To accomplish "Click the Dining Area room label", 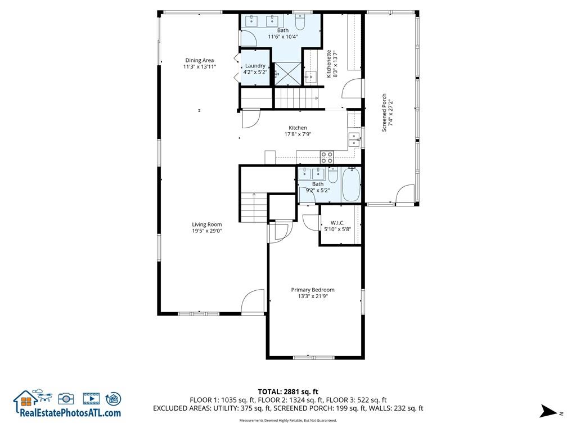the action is (200, 60).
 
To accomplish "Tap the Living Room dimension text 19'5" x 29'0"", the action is (207, 231).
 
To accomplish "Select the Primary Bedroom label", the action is (313, 290).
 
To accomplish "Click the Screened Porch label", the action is (384, 112).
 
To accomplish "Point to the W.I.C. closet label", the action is (337, 223).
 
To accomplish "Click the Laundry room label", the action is (255, 66).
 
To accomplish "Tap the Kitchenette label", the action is (328, 64).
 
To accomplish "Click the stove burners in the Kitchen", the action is (327, 157).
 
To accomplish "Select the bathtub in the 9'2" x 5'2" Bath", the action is (351, 184).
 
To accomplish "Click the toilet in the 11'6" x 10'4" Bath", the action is (300, 22).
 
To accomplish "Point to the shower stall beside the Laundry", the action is (289, 74).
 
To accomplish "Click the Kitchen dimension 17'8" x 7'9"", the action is (298, 134).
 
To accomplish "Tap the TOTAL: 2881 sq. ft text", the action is (288, 391).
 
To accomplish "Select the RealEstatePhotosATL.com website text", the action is (70, 412).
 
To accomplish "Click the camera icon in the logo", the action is (66, 399).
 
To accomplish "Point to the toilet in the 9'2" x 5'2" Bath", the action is (333, 175).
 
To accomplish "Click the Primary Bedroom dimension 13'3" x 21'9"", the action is (313, 296).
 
